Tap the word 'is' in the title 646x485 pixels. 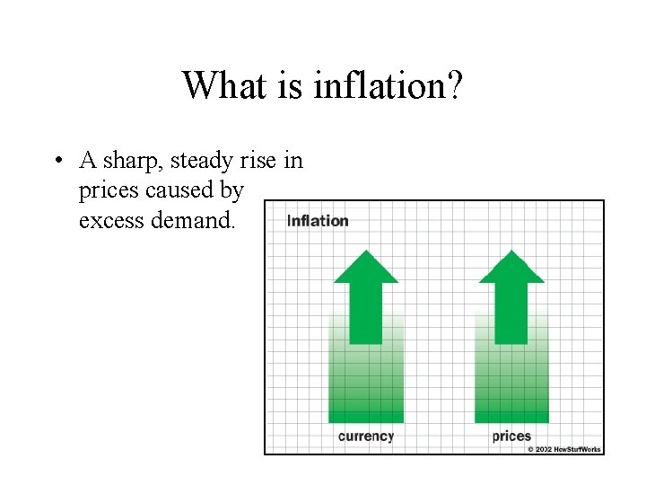pyautogui.click(x=292, y=86)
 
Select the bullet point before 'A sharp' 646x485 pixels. pyautogui.click(x=57, y=161)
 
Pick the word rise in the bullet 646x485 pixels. pyautogui.click(x=260, y=161)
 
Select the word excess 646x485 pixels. pyautogui.click(x=109, y=220)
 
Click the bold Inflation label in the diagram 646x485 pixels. pyautogui.click(x=318, y=221)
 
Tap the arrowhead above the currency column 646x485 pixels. pyautogui.click(x=366, y=268)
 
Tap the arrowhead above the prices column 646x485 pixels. pyautogui.click(x=511, y=268)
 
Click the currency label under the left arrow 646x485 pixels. pyautogui.click(x=366, y=436)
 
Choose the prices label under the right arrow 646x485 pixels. pyautogui.click(x=511, y=436)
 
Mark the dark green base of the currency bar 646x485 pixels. pyautogui.click(x=366, y=414)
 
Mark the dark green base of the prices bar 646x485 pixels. pyautogui.click(x=511, y=414)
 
